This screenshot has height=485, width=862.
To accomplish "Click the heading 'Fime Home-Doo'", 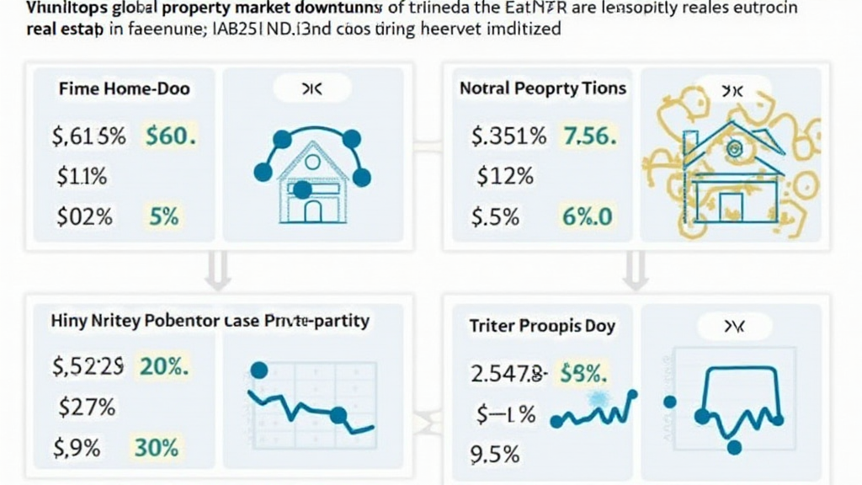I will [x=124, y=88].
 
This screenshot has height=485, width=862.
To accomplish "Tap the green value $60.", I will [x=171, y=136].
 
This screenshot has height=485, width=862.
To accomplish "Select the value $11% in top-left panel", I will [x=82, y=176].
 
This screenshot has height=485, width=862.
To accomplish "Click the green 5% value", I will [x=164, y=216].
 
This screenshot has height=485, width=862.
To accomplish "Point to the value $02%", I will [x=84, y=216].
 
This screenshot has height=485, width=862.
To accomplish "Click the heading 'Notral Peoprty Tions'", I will [x=543, y=88].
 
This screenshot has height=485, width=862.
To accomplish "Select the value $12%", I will [x=505, y=176].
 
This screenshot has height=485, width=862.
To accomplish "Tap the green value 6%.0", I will [x=588, y=216].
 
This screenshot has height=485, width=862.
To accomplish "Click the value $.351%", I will [x=509, y=136].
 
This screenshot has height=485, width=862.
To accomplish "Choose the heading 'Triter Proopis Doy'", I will [x=543, y=326].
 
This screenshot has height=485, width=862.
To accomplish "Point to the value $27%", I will [x=87, y=408].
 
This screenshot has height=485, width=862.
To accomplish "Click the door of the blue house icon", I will [x=312, y=211].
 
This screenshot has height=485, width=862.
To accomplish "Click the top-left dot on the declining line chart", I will [x=259, y=370].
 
